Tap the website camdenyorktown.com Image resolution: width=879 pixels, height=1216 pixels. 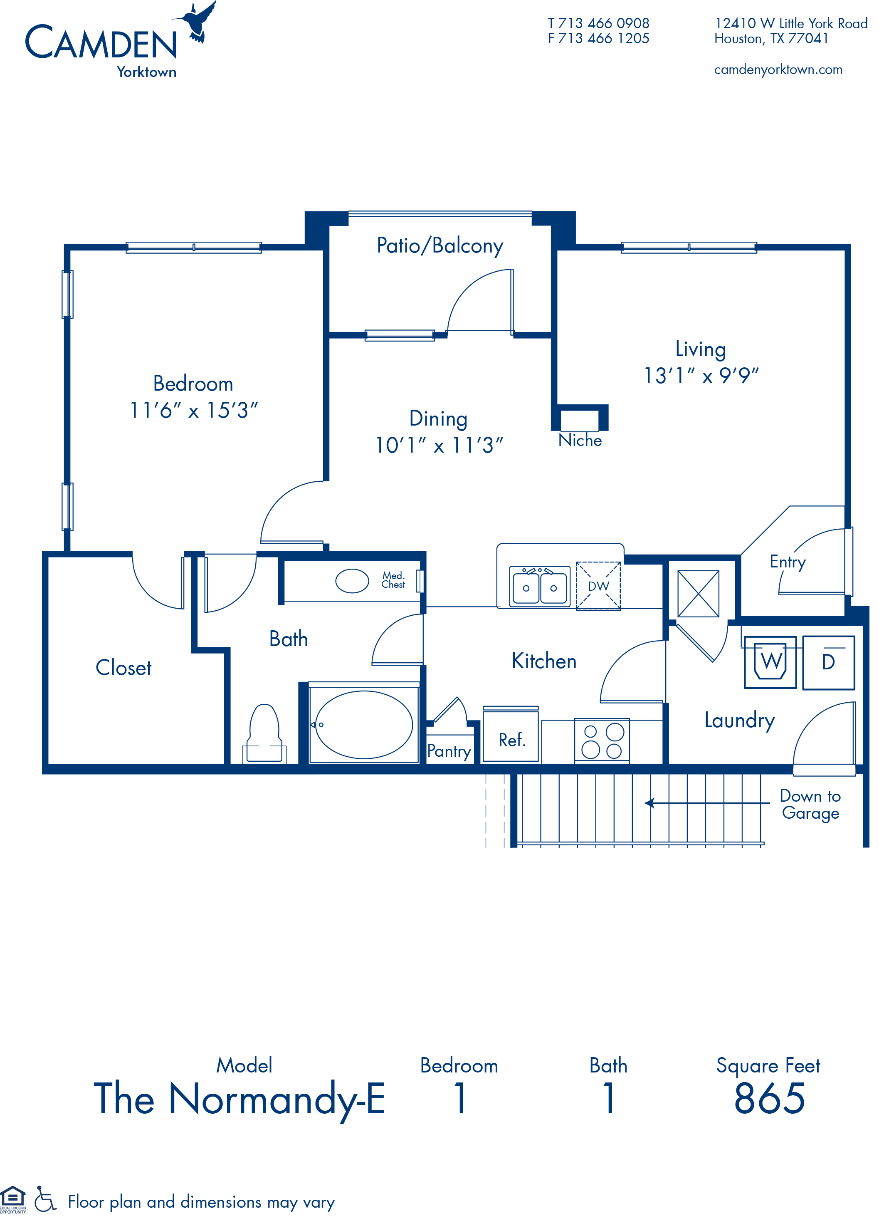point(778,70)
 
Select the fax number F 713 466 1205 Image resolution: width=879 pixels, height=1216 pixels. point(598,39)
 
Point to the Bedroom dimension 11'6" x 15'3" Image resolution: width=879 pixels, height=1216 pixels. point(193,411)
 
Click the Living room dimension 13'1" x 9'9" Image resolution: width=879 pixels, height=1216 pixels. point(701,376)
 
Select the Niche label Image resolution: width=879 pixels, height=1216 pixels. point(580,440)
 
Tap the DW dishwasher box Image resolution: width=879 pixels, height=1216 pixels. point(598,586)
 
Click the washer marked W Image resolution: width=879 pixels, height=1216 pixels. point(770,662)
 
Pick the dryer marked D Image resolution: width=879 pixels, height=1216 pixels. point(829,662)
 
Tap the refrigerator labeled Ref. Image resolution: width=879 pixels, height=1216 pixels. point(511,735)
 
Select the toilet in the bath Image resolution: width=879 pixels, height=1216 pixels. point(264,734)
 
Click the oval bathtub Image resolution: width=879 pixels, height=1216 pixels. point(364,725)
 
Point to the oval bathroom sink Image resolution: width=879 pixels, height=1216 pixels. point(352,581)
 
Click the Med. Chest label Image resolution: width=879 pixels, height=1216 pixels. point(393,580)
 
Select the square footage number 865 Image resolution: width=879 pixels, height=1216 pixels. point(770,1099)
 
